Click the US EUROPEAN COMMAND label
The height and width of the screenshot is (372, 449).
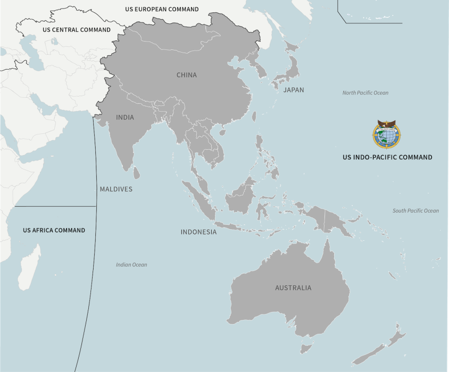tap(162, 9)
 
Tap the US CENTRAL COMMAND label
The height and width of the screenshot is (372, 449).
tap(77, 30)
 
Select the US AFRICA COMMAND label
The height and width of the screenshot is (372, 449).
tap(54, 230)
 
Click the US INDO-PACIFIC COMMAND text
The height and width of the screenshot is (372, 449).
tap(387, 157)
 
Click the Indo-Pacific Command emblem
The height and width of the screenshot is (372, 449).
tap(387, 134)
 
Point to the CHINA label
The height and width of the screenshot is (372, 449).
tap(187, 75)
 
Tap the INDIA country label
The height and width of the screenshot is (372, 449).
tap(125, 117)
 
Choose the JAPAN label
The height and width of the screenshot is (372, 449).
tap(294, 90)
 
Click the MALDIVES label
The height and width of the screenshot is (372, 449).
tap(116, 189)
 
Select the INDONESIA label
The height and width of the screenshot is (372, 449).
tap(198, 232)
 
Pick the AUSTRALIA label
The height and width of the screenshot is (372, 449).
tap(293, 288)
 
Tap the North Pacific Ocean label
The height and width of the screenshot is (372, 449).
tap(365, 93)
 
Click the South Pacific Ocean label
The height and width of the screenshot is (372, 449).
tap(415, 211)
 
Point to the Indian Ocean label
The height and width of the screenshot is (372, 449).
tap(131, 265)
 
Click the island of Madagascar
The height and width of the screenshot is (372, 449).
tap(29, 268)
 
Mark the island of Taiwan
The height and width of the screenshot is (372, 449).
tap(254, 116)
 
